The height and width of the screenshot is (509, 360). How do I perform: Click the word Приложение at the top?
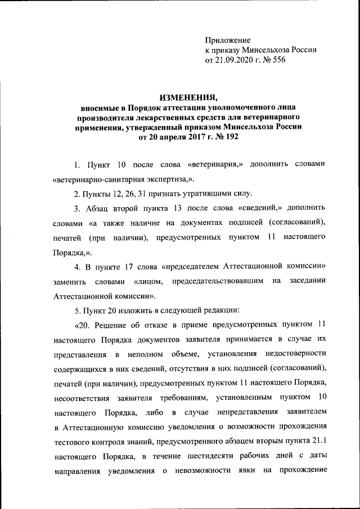click(228, 40)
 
